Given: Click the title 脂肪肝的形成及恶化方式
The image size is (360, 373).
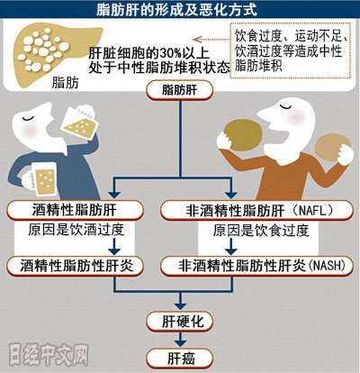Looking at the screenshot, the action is coord(176,9).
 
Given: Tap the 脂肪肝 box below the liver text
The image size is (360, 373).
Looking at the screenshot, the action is coord(180,90).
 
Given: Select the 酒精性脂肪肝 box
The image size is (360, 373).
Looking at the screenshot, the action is coord(75,210).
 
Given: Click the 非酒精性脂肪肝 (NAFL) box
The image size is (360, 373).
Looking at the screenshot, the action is coord(257,210).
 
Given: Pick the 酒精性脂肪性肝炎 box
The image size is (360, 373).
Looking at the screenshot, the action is coord(75,266).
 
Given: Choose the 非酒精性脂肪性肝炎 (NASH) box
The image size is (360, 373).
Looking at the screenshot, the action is coord(257,266).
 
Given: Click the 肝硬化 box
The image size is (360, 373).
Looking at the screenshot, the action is coord(180,322).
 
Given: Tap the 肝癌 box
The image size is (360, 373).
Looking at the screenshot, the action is coord(180,358).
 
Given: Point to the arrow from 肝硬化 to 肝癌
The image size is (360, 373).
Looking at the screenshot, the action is coord(180,340).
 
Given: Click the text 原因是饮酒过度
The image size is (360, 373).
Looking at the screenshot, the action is coord(76,230).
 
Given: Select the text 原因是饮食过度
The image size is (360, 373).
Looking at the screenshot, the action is coord(261,231).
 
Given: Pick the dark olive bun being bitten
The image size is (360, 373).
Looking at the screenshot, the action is coord(243,135).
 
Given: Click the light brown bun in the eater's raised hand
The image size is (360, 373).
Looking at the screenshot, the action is coord(332,148).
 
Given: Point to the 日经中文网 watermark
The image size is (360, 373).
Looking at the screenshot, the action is coord(49,355).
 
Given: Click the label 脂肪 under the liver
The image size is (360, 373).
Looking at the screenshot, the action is coord(65,83).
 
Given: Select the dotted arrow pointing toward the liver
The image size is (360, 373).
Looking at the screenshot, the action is coord(211,40).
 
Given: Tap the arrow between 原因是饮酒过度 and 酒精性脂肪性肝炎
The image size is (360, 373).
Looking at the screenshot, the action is coord(114,247).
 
